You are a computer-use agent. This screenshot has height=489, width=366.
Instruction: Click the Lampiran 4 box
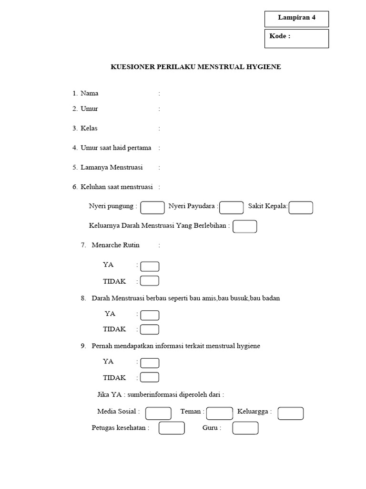(296, 19)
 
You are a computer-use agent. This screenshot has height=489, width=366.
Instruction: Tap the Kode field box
(296, 38)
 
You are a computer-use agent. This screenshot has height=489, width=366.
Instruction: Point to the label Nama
(90, 93)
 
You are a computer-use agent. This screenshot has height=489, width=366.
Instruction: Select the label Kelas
(89, 128)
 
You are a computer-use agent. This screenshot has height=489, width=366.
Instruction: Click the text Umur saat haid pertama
(116, 148)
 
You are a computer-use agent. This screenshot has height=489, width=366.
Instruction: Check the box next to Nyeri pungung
(152, 207)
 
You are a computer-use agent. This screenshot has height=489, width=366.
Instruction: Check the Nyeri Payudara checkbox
(232, 207)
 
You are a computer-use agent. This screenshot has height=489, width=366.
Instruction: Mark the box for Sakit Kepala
(301, 207)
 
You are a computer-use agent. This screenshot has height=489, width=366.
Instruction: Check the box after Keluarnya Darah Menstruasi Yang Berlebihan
(245, 226)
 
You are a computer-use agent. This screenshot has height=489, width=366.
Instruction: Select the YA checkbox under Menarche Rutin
(150, 266)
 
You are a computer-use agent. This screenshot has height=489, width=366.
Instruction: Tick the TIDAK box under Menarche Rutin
(150, 281)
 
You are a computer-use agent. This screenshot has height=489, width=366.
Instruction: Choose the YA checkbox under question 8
(150, 315)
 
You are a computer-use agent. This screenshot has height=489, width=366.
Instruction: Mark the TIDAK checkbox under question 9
(150, 377)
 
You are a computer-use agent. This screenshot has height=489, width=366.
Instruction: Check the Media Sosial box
(158, 413)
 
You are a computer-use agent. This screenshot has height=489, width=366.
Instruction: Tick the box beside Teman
(220, 413)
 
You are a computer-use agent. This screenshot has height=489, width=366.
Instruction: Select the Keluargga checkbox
(291, 413)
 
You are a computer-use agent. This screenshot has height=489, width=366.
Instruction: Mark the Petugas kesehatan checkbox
(172, 428)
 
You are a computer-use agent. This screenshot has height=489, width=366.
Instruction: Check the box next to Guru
(245, 428)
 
